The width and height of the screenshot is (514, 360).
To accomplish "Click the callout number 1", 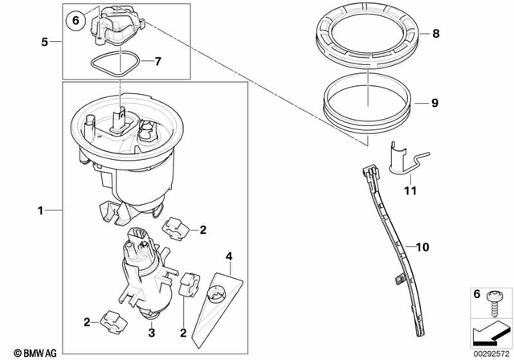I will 40,211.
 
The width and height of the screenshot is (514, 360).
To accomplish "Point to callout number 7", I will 157,61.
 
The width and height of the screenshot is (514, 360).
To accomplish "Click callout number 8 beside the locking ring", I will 436,35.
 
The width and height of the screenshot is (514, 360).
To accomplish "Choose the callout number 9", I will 436,104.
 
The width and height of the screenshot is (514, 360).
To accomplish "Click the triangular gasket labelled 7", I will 112,64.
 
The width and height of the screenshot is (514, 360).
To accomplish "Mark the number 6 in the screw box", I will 475,295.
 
